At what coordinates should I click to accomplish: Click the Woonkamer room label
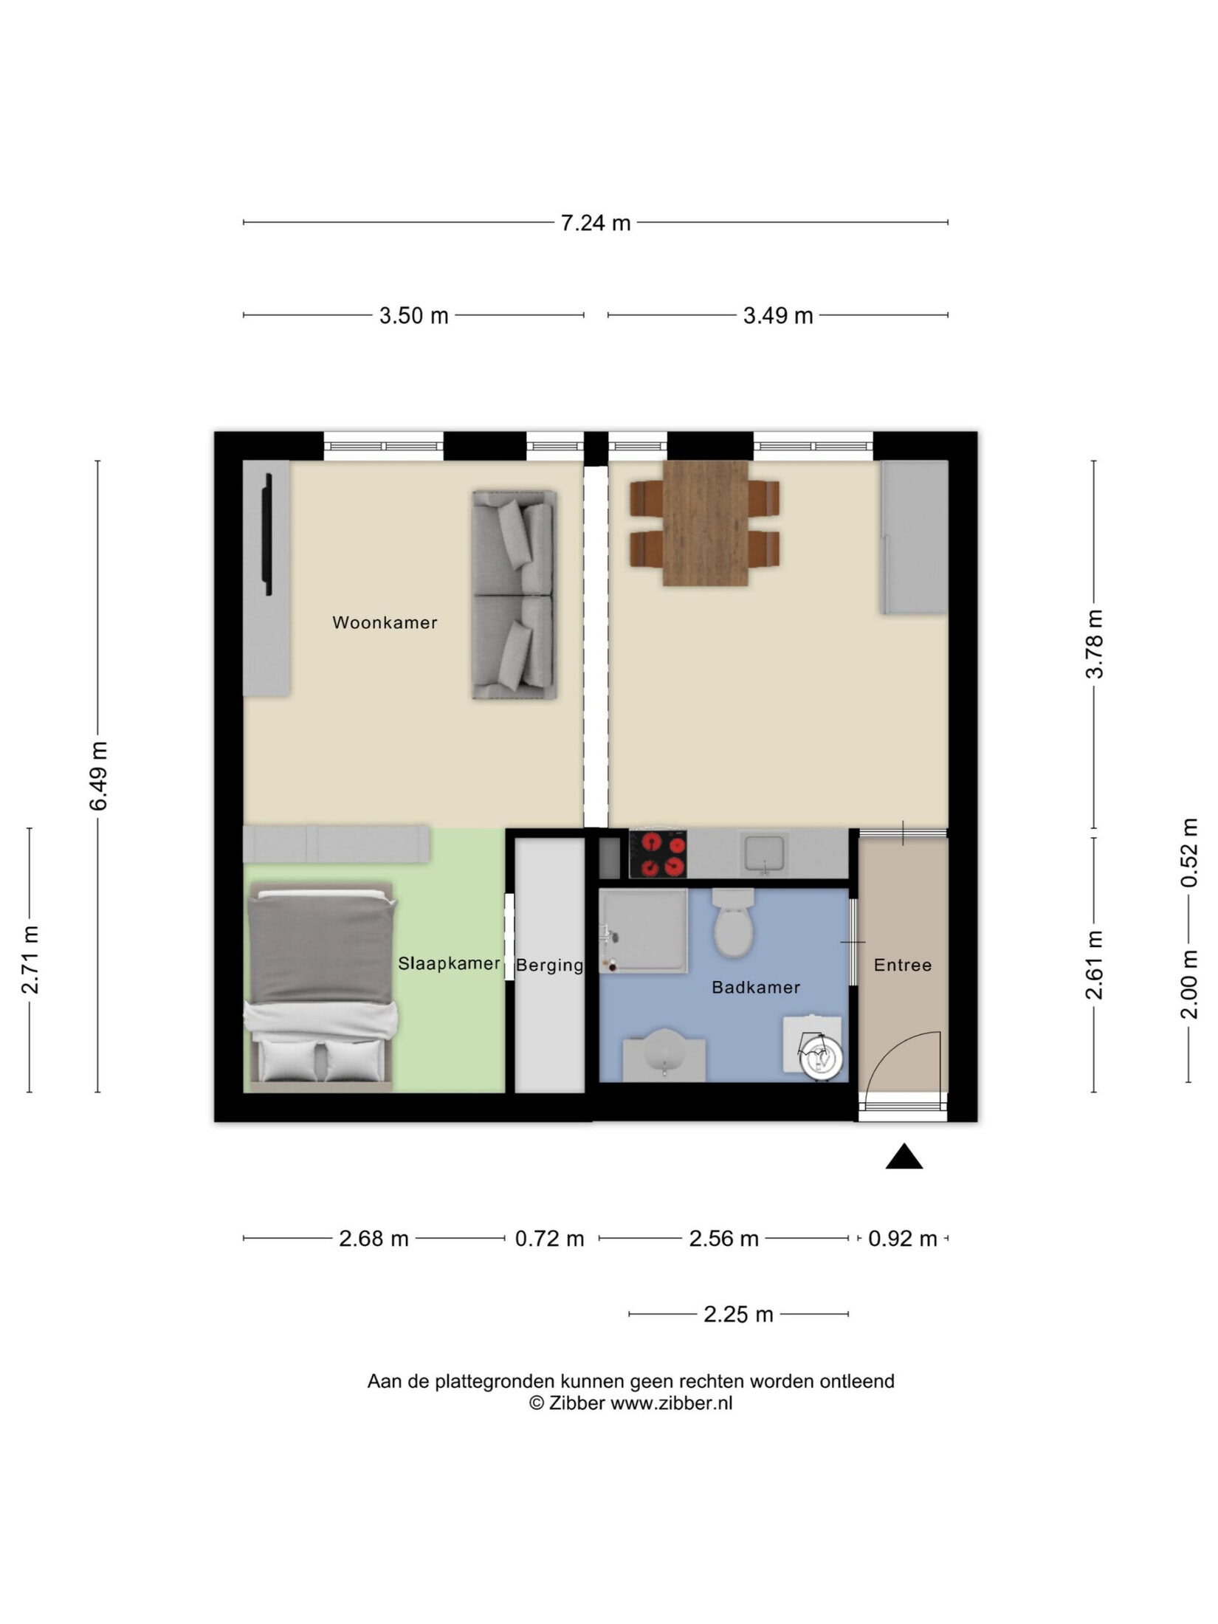[385, 622]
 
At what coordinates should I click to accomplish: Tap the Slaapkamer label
[449, 963]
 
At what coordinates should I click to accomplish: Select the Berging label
[549, 966]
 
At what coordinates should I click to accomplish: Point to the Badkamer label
[755, 987]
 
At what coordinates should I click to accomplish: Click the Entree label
[902, 965]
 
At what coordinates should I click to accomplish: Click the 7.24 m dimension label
[596, 223]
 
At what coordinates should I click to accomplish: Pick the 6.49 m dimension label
[98, 776]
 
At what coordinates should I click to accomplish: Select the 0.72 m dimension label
[549, 1239]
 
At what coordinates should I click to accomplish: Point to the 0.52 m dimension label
[1188, 853]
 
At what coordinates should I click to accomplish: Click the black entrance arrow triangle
[904, 1157]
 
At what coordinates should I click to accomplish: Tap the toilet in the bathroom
[733, 923]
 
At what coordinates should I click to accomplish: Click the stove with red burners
[658, 854]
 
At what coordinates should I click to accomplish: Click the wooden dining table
[706, 523]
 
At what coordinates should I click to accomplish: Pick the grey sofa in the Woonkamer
[515, 595]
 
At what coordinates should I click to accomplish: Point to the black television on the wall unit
[269, 534]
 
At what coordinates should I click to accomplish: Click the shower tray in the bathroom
[643, 931]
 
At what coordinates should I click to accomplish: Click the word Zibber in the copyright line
[577, 1403]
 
